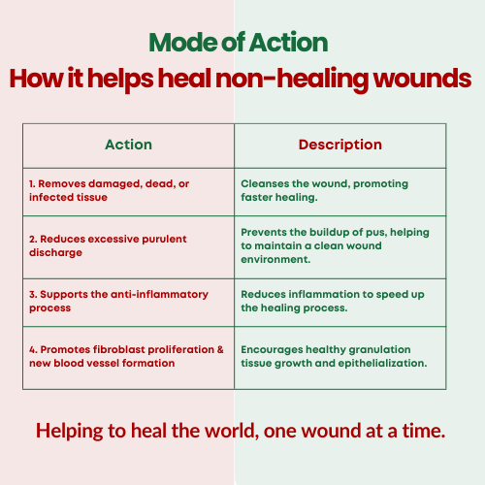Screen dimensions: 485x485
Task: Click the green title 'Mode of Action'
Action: pyautogui.click(x=239, y=43)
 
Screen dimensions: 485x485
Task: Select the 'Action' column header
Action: pyautogui.click(x=128, y=145)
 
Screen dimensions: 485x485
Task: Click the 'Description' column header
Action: pyautogui.click(x=340, y=145)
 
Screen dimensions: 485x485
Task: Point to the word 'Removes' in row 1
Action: pyautogui.click(x=61, y=183)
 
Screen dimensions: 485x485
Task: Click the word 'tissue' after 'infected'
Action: pyautogui.click(x=92, y=197)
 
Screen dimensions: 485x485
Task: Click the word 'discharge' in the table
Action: pyautogui.click(x=55, y=253)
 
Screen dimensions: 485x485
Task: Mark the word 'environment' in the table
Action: pyautogui.click(x=275, y=259)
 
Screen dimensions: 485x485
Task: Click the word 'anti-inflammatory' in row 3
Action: pyautogui.click(x=159, y=295)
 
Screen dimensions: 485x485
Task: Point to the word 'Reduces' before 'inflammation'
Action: pyautogui.click(x=264, y=294)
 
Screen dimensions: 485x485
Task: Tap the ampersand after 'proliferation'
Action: pyautogui.click(x=220, y=349)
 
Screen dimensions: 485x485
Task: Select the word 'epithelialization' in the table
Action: pyautogui.click(x=381, y=364)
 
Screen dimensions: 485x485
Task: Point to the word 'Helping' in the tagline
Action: pyautogui.click(x=70, y=432)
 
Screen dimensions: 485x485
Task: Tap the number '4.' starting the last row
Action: pyautogui.click(x=33, y=349)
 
